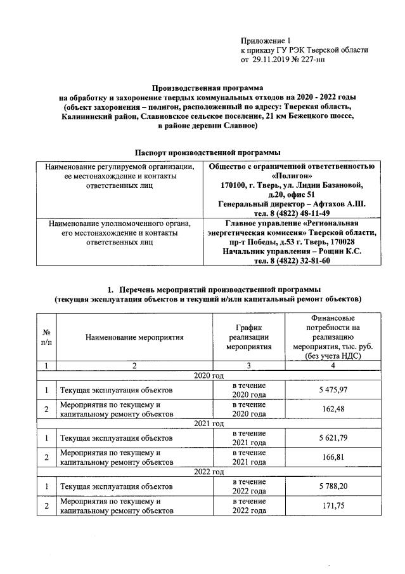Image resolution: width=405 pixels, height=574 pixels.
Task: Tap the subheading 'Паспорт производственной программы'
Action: click(x=207, y=153)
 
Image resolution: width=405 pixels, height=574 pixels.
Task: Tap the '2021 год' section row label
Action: click(x=209, y=424)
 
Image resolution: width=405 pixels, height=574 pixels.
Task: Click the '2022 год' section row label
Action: click(x=209, y=471)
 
